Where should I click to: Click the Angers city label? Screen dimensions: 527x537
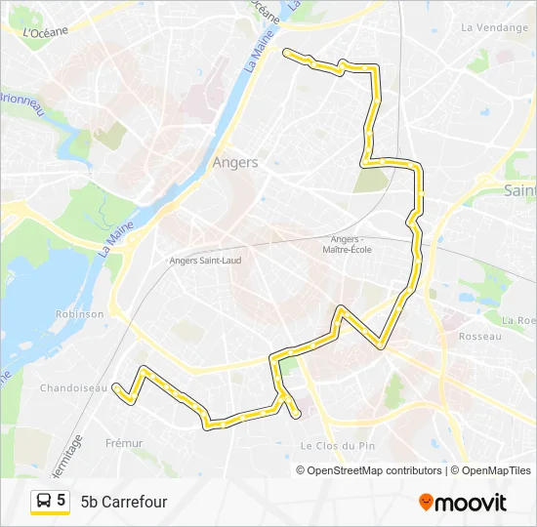235,163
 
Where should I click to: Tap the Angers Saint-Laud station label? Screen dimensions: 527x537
205,261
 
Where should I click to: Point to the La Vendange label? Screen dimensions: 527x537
494,27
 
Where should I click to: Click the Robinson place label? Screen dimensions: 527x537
80,314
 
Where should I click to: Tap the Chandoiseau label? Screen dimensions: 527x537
73,388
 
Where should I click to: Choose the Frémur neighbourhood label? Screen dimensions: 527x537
124,443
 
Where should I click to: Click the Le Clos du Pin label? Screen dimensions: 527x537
338,446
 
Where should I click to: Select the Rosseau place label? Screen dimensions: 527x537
478,337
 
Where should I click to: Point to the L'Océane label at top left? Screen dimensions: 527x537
45,32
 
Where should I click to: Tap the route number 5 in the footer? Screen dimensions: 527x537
62,501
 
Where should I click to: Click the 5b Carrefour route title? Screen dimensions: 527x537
124,503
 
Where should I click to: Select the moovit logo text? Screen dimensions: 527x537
471,503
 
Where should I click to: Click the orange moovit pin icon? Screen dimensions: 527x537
426,502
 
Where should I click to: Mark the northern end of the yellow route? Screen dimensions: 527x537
284,51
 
